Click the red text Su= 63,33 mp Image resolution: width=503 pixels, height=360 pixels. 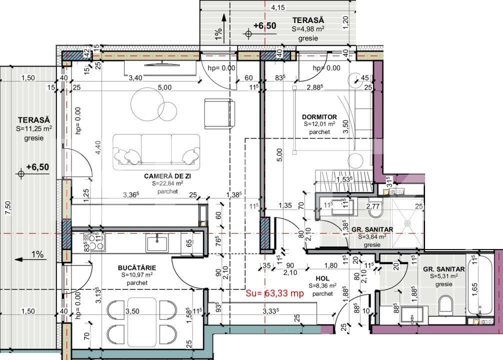point(275,293)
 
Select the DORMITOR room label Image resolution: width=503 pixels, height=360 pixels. point(320,116)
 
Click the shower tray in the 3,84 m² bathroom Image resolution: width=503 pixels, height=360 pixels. point(407,223)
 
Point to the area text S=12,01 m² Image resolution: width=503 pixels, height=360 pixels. point(320,124)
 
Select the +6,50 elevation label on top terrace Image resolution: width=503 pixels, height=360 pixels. point(264,25)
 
